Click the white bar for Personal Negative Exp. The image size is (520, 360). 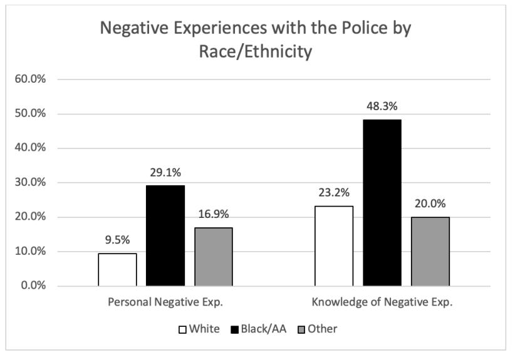(x=117, y=269)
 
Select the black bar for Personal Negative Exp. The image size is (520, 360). (x=165, y=235)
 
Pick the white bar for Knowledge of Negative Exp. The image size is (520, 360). (x=333, y=245)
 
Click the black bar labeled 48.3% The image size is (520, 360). (x=382, y=202)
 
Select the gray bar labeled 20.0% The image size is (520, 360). (x=430, y=251)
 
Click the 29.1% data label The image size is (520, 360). (x=165, y=172)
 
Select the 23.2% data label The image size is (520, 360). (x=333, y=193)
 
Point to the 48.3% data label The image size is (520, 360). (x=382, y=106)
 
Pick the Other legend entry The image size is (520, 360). (x=317, y=329)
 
